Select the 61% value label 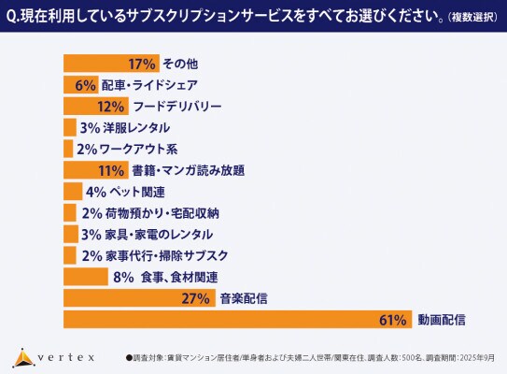coord(393,320)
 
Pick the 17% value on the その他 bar coord(142,65)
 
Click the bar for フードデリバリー coord(93,107)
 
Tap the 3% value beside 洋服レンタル coord(91,128)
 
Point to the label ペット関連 coord(138,192)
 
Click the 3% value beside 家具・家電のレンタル coord(91,235)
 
